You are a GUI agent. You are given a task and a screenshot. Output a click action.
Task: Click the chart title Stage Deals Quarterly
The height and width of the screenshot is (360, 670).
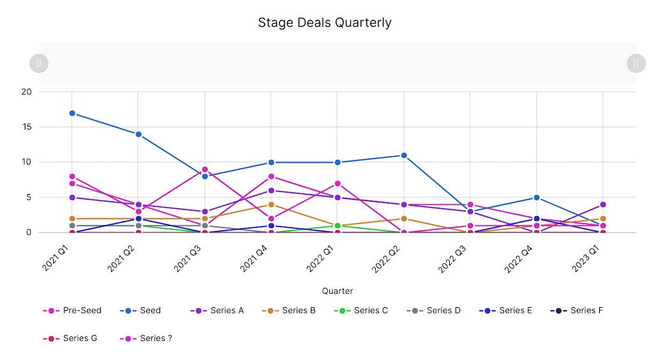[x=324, y=23]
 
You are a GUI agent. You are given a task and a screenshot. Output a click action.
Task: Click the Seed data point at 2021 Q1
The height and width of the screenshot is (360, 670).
[x=72, y=113]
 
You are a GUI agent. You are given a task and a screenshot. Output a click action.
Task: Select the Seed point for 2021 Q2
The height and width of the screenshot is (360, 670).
[x=138, y=134]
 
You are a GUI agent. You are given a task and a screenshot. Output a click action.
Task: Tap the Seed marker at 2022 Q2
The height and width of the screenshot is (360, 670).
[x=404, y=155]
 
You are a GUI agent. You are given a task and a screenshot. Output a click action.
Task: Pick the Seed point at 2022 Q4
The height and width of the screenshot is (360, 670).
[x=537, y=197]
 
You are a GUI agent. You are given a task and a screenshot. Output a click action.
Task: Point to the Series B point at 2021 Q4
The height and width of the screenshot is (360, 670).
[x=271, y=205]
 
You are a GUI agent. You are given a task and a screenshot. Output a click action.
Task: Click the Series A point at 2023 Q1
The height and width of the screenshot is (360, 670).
[x=603, y=205]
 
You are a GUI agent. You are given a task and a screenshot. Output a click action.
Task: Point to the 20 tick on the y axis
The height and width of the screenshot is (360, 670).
[x=26, y=92]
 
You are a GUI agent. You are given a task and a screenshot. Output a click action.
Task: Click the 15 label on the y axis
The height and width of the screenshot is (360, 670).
[x=26, y=127]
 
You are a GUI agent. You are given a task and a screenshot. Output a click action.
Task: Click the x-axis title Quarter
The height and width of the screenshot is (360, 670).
[x=338, y=291]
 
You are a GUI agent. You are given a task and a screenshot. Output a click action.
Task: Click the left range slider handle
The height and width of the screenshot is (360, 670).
[x=39, y=63]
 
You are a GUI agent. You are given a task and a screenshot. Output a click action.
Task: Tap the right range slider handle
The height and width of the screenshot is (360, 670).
[x=636, y=63]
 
